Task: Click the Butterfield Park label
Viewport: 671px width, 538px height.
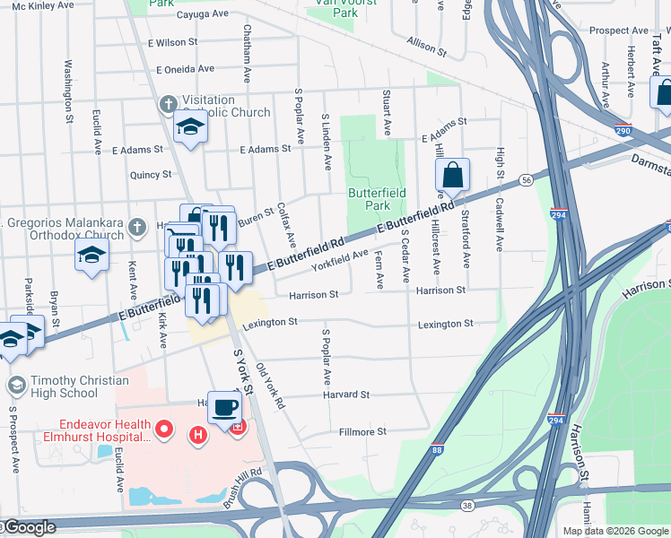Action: [x=377, y=199]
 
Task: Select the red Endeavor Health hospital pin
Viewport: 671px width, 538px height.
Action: [x=164, y=430]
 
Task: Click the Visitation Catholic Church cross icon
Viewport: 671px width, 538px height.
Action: [x=167, y=106]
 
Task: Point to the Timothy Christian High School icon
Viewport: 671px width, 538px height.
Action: [x=15, y=386]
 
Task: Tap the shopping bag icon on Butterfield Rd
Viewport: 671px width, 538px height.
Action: [x=453, y=176]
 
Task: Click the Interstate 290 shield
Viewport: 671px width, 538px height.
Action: [x=623, y=130]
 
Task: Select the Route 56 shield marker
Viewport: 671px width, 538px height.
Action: [x=526, y=180]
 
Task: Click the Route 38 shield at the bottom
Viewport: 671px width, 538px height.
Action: [x=468, y=505]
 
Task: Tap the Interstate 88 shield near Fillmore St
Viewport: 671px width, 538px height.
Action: [x=436, y=450]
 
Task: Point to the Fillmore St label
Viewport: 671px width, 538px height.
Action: [x=362, y=431]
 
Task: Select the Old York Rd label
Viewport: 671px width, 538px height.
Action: [x=269, y=386]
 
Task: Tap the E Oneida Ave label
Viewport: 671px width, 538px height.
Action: [x=185, y=68]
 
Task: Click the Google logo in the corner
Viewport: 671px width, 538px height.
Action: [x=30, y=528]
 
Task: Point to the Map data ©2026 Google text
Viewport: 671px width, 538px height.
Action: [x=614, y=531]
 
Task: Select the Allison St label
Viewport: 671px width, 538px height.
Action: [x=426, y=46]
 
